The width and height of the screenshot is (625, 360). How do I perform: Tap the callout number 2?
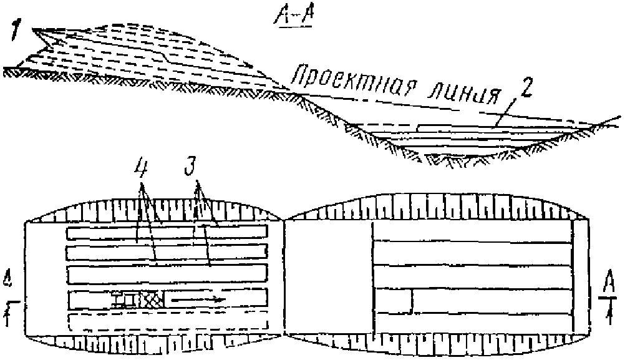click(x=526, y=88)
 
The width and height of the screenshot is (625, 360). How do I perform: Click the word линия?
click(x=468, y=94)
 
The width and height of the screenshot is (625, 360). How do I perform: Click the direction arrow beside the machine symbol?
click(x=198, y=300)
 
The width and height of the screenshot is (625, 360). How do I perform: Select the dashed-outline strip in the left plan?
click(x=167, y=323)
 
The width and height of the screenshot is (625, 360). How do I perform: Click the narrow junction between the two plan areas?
click(x=283, y=220)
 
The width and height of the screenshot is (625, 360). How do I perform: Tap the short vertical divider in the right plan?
click(x=412, y=300)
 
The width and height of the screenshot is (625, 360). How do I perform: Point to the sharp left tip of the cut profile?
click(x=33, y=30)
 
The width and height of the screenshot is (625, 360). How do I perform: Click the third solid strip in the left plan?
click(x=167, y=275)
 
